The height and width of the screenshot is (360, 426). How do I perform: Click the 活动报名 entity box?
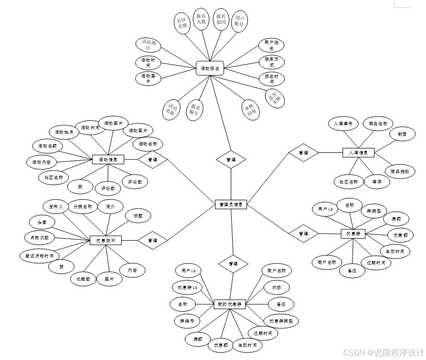pos(210,68)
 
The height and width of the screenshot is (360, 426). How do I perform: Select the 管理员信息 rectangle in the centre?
pos(231,204)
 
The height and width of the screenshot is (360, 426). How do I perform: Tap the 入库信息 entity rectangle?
pos(358,152)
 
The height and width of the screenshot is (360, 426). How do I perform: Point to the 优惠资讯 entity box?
pos(106,240)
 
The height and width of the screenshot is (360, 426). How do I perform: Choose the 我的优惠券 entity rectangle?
pos(230,304)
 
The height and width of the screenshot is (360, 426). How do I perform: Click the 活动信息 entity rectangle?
pos(108,159)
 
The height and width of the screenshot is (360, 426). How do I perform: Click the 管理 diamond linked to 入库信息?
pos(303,153)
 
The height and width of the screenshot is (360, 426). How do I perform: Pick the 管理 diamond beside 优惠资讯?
pos(152,240)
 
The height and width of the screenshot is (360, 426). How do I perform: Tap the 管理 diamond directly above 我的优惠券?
pos(233,264)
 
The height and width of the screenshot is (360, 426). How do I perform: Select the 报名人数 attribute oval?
pos(201,19)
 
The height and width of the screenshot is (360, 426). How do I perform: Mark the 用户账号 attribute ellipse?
pos(239,21)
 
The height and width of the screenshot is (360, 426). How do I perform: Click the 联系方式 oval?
pos(272,62)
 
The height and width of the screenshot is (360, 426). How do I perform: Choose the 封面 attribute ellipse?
pos(398,134)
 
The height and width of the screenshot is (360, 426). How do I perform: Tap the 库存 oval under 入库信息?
pos(377,181)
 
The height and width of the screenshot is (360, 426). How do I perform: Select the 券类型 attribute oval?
pos(373,211)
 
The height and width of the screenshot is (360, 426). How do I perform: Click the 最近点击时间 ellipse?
pos(39,255)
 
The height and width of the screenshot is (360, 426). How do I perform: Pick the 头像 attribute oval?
pos(41,222)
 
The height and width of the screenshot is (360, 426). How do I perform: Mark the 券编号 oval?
pos(187,321)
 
